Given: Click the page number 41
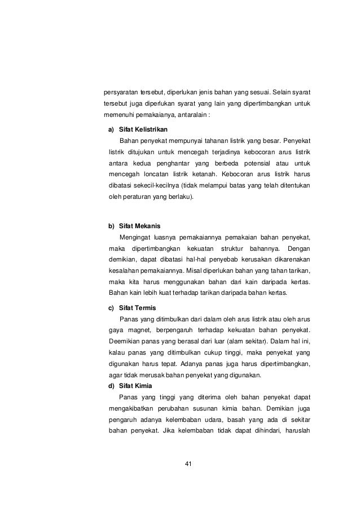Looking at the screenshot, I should tap(189, 465).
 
